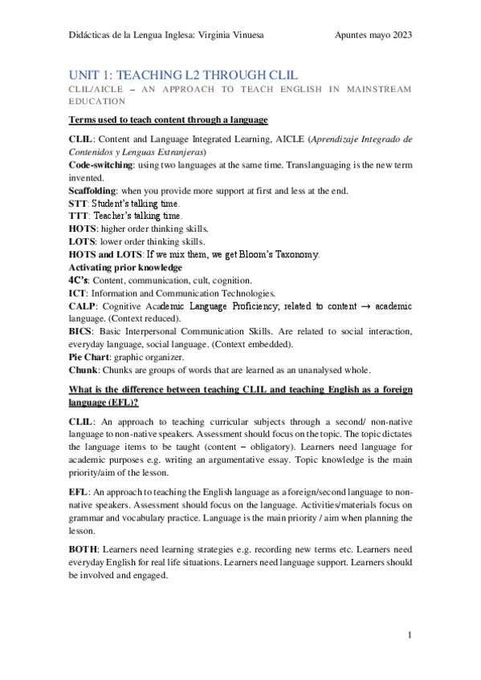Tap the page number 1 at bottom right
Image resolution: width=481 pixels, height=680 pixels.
410,636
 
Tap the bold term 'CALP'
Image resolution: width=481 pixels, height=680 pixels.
81,306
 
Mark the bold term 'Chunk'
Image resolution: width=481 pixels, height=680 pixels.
84,370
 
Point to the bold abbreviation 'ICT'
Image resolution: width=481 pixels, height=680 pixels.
78,293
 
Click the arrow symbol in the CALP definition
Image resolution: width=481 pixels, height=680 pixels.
361,306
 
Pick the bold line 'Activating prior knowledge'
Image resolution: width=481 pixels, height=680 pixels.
124,267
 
